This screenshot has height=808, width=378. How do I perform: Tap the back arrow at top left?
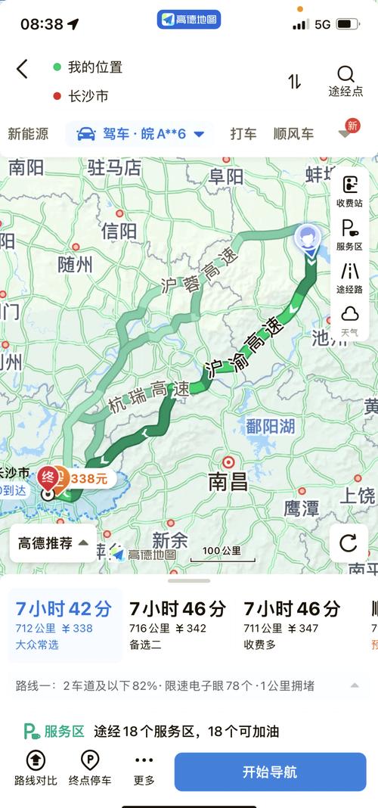(22, 69)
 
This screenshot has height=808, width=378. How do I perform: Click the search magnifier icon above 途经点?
(345, 74)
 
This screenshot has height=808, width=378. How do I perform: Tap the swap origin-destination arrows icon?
(295, 82)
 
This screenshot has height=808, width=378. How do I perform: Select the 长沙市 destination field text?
(88, 96)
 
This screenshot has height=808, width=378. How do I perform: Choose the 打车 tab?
(243, 134)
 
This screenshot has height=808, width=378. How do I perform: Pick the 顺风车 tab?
(293, 134)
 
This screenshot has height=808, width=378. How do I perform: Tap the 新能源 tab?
(28, 134)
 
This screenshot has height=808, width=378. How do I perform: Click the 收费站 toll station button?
(349, 191)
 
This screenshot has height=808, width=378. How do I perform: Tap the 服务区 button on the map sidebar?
(349, 235)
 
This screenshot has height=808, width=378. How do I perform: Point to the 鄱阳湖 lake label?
(270, 427)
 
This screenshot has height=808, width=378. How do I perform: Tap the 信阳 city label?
(119, 230)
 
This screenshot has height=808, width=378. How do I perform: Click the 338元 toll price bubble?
(88, 478)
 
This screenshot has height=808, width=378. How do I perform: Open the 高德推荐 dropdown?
(53, 543)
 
